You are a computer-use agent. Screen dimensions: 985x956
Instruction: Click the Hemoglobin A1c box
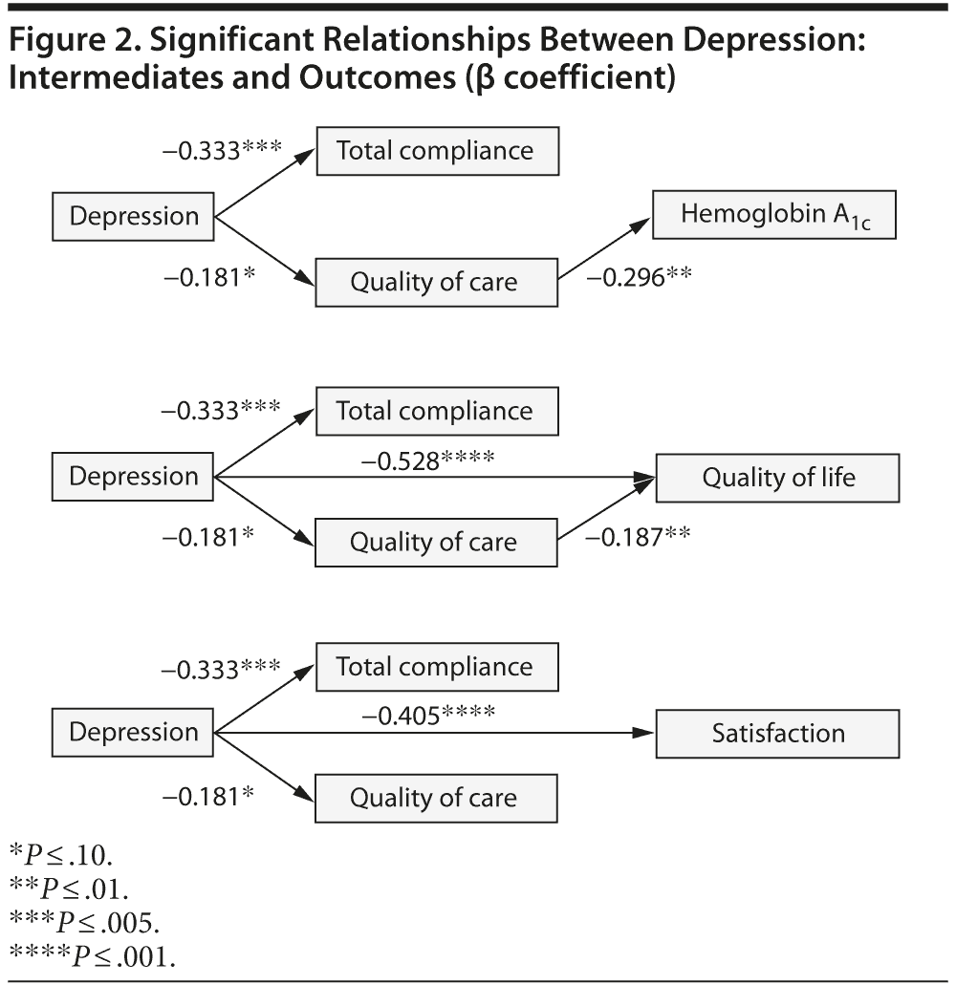click(x=774, y=215)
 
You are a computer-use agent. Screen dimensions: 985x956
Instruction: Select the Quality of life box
click(x=777, y=477)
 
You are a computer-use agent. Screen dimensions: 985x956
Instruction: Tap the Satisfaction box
click(x=777, y=733)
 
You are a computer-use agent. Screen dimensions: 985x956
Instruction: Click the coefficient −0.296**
click(x=638, y=277)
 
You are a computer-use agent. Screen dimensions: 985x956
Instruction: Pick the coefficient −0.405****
click(x=427, y=714)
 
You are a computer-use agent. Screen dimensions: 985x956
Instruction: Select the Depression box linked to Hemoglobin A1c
click(x=133, y=216)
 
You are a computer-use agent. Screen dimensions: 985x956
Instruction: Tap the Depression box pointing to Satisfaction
click(x=133, y=733)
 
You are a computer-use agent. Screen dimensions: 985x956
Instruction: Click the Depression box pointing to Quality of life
click(x=133, y=477)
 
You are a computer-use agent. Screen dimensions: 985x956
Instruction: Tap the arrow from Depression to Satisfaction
click(x=435, y=733)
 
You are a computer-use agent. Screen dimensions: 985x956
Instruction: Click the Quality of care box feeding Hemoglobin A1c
click(x=436, y=282)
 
